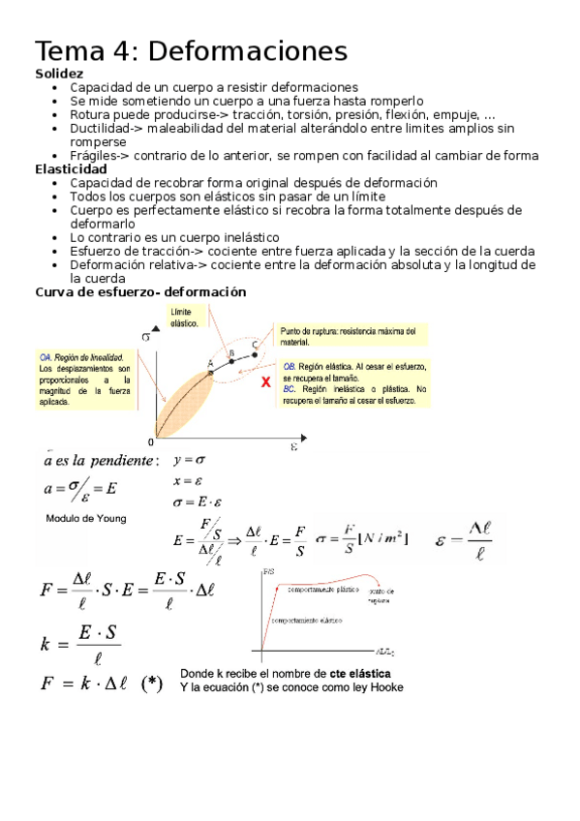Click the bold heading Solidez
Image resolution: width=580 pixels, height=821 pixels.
[x=59, y=74]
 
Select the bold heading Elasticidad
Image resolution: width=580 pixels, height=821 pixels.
[x=71, y=168]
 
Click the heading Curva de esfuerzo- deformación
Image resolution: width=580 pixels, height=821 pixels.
[x=140, y=291]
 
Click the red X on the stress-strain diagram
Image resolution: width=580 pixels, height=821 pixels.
[x=266, y=382]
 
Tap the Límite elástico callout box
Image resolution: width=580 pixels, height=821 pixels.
[x=186, y=318]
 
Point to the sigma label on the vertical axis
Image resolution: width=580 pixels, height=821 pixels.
[x=145, y=337]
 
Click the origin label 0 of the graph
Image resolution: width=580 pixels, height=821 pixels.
[x=151, y=441]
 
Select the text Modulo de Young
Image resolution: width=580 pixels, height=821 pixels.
[x=86, y=518]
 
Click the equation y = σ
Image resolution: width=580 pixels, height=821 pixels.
[x=188, y=461]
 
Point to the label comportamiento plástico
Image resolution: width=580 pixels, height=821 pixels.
[x=317, y=587]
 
